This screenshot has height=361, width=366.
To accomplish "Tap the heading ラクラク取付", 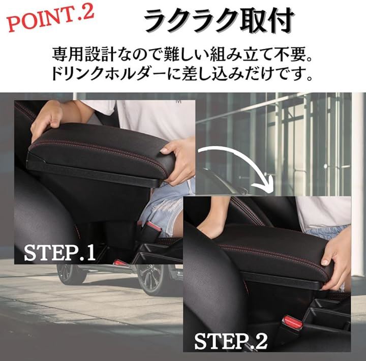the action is pos(218,21).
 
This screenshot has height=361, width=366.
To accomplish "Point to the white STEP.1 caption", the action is pos(60,253).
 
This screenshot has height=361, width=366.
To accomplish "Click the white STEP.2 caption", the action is pos(231,342).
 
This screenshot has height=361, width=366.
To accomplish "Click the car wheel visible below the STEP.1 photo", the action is pos(149,279).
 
